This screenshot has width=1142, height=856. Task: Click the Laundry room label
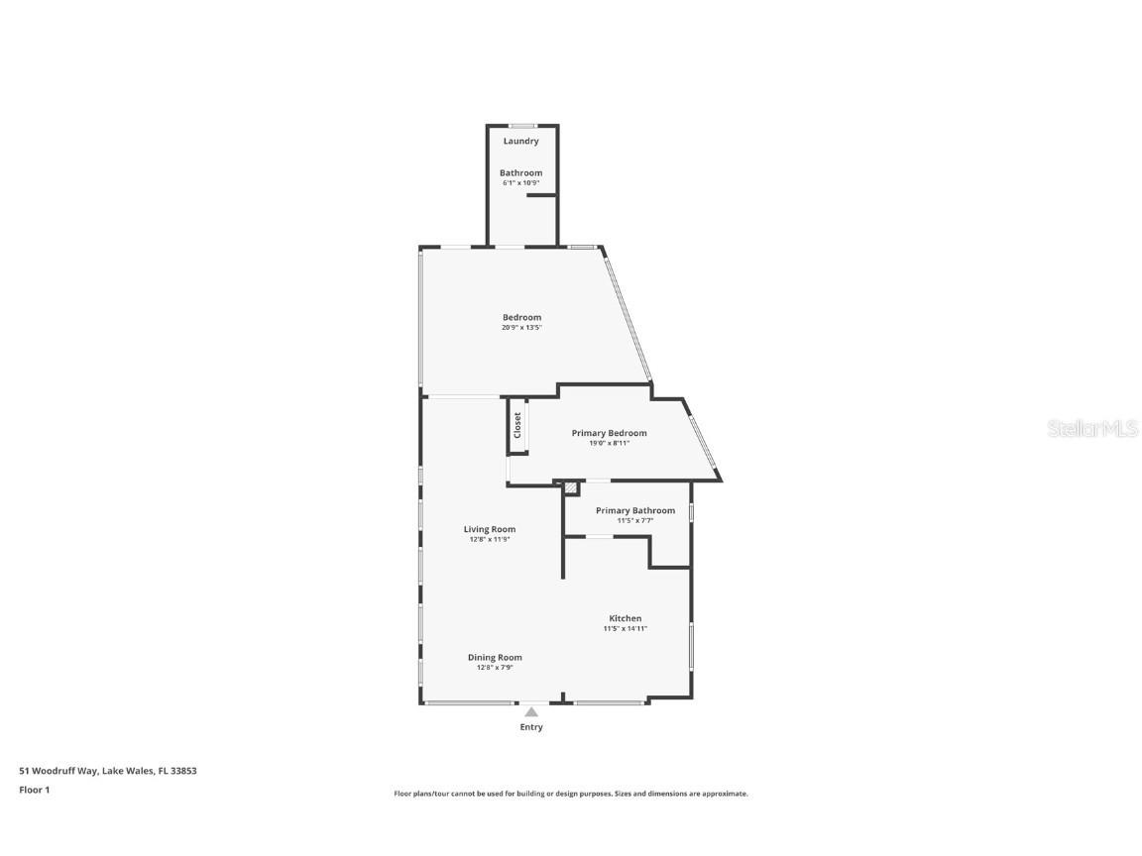point(520,141)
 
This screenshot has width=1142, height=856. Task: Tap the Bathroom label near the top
point(520,172)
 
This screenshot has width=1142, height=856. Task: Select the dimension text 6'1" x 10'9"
point(520,183)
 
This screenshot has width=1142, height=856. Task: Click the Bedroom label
point(521,317)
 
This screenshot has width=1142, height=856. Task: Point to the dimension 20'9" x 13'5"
point(521,328)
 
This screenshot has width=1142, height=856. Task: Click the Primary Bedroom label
point(609,433)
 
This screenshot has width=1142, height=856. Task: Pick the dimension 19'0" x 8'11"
point(609,443)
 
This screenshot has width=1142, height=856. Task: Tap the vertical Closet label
point(517,425)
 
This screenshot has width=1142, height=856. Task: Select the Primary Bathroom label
point(634,510)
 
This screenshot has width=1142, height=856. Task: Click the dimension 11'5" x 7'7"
point(634,521)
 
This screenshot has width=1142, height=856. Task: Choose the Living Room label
point(490,529)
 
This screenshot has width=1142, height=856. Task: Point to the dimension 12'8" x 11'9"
point(490,540)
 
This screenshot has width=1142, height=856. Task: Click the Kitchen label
point(625,618)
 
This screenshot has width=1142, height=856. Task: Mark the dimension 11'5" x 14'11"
point(625,629)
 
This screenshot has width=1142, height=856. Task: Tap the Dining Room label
point(495,657)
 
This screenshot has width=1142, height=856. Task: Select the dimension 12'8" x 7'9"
point(495,668)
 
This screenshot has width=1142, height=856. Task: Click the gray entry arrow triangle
point(531,711)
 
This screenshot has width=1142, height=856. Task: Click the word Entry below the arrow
point(531,727)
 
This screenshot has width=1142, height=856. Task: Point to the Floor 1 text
point(34,790)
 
